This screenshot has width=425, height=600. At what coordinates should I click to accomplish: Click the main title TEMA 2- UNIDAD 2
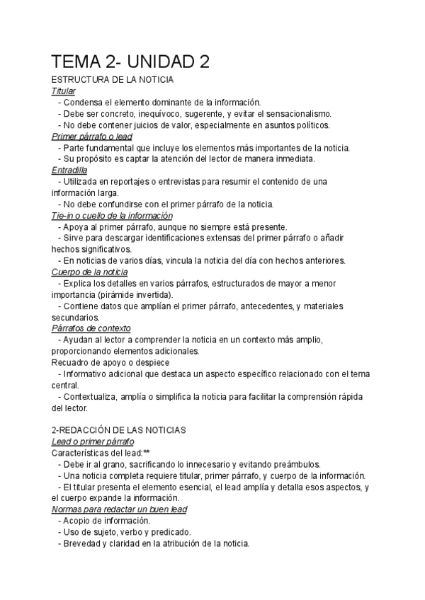131,62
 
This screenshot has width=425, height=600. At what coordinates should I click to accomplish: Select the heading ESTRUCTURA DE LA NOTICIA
113,81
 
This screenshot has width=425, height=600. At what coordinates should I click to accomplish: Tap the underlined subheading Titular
64,91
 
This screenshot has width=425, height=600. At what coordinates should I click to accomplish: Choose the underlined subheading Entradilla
69,171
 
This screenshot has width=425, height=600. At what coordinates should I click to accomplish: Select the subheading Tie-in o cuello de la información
112,216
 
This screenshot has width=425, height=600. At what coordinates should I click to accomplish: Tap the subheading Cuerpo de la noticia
90,272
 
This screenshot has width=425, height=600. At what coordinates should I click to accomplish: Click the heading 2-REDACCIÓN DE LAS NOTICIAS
119,429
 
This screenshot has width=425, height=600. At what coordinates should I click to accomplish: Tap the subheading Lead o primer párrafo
93,442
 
